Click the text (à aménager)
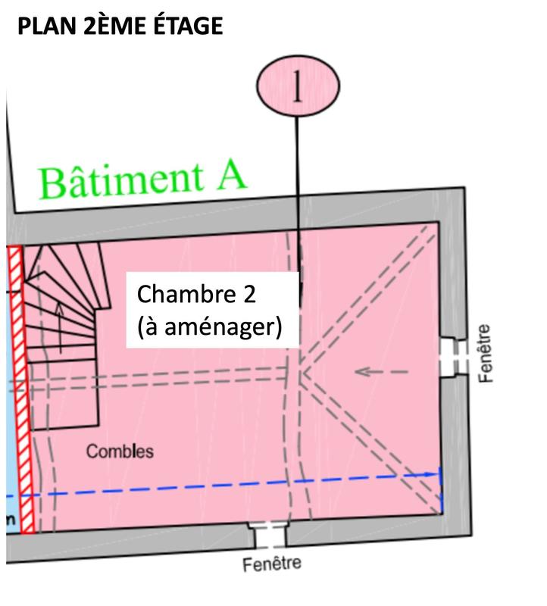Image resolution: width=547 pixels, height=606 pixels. click(210, 328)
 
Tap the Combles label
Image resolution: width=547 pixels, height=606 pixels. click(119, 451)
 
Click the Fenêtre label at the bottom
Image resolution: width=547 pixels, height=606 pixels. click(271, 564)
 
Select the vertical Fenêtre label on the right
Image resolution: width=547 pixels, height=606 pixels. click(486, 353)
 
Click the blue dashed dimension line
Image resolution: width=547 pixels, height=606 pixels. click(227, 485)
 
